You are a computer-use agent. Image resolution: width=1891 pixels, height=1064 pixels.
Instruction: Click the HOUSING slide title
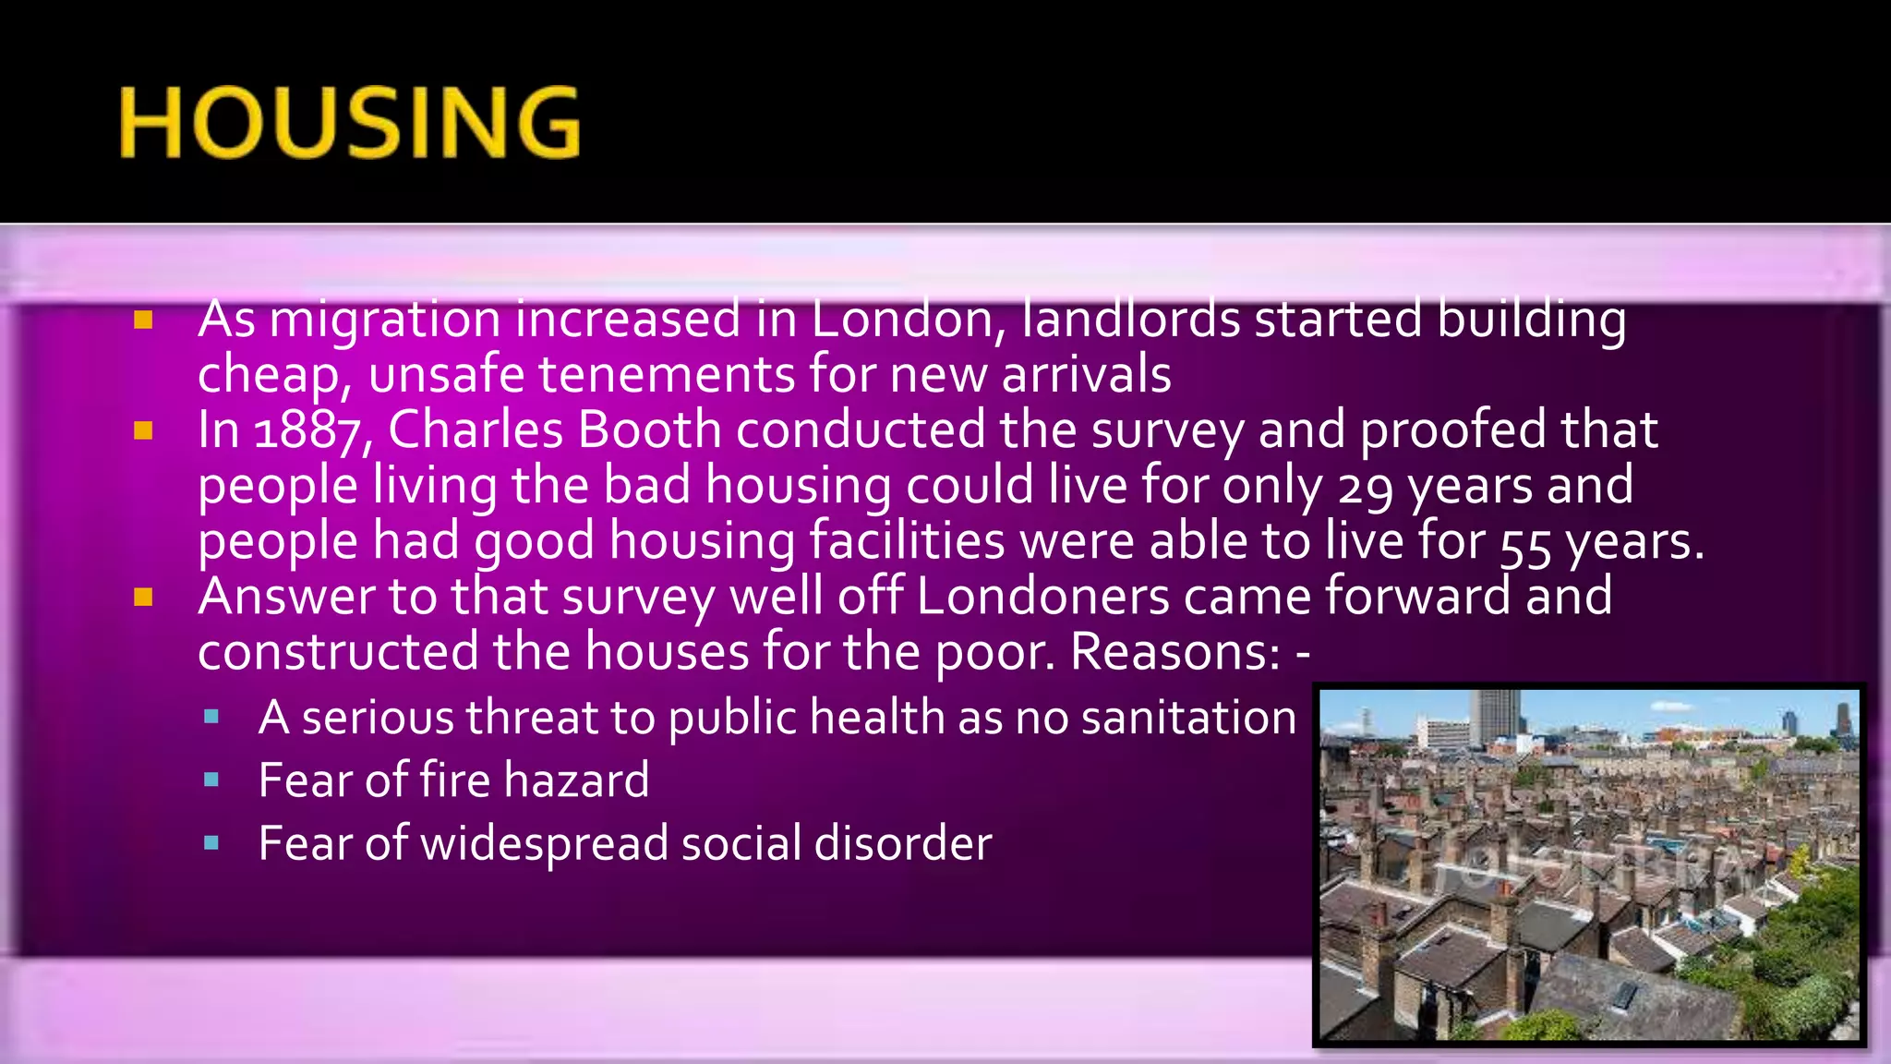349,123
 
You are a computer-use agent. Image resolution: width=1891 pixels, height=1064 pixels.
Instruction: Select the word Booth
649,429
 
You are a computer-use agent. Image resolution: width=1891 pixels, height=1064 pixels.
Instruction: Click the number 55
1525,543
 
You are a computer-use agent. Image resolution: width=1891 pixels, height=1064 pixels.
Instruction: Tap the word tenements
667,375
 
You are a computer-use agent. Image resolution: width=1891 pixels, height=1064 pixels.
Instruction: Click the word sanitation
1188,718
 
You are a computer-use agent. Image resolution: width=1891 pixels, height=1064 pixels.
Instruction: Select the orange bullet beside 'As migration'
143,320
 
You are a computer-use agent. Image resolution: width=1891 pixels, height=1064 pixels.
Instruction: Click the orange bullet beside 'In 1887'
143,431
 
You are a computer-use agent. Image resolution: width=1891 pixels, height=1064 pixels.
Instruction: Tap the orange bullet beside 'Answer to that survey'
143,598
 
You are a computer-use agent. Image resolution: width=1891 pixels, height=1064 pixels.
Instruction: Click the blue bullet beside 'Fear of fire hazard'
211,780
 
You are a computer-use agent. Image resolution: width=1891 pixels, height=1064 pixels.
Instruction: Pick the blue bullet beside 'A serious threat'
211,717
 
